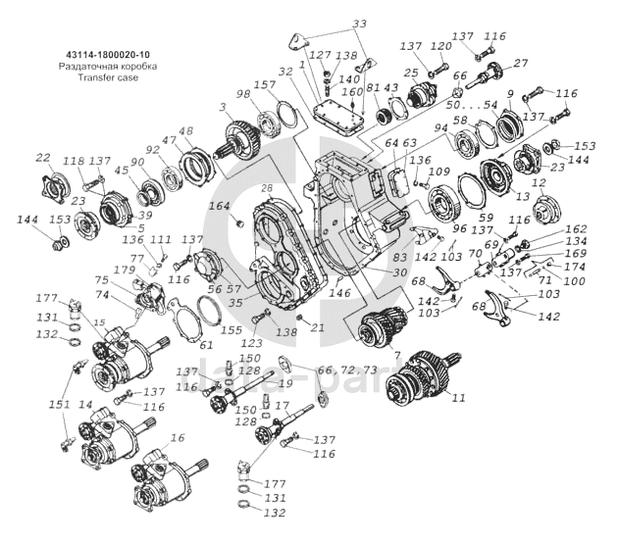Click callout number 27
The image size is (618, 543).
[x=521, y=63]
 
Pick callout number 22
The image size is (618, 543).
[x=43, y=159]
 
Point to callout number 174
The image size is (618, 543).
[x=575, y=267]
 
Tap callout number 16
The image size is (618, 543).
[x=178, y=437]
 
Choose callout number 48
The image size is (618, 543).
[x=186, y=131]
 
